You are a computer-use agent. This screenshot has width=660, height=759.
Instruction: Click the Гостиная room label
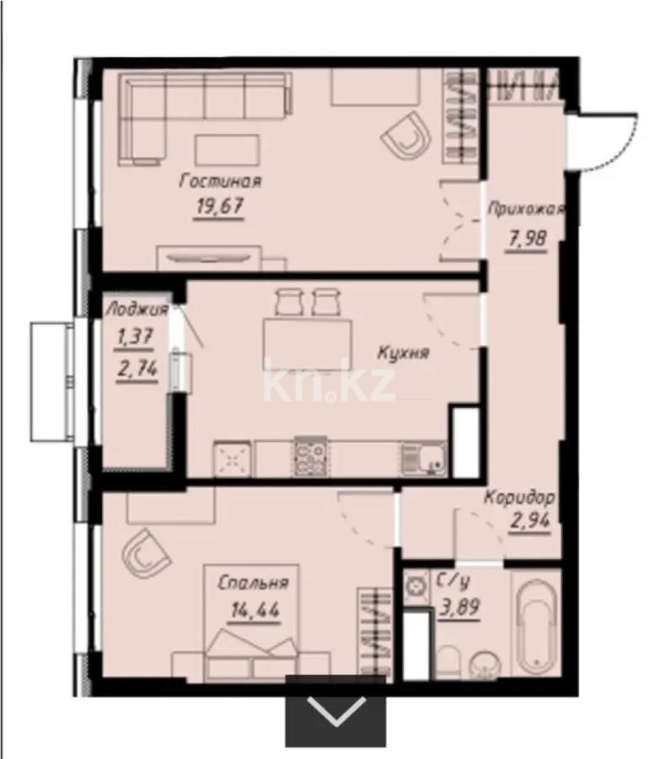[x=220, y=181]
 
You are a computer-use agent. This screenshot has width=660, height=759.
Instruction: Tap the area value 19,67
[x=219, y=207]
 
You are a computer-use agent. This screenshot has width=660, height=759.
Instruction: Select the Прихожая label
[x=525, y=209]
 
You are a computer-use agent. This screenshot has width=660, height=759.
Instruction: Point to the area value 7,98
[x=527, y=238]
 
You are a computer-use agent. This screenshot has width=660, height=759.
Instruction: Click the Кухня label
[x=403, y=353]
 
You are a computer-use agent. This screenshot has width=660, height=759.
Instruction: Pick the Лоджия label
[x=137, y=310]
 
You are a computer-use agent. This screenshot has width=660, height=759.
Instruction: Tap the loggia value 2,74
[x=137, y=369]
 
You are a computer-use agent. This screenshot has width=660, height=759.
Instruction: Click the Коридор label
[x=520, y=497]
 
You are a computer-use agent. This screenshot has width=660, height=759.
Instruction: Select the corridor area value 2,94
[x=530, y=520]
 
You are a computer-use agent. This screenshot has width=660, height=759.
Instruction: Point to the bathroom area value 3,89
[x=459, y=606]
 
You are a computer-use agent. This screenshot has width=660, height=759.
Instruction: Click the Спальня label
[x=253, y=583]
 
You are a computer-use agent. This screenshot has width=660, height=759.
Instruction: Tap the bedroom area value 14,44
[x=255, y=610]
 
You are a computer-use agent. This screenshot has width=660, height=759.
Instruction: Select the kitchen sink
[x=424, y=460]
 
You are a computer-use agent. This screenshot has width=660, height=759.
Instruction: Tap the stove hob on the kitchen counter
[x=309, y=457]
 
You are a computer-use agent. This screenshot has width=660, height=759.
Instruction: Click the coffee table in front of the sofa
[x=227, y=150]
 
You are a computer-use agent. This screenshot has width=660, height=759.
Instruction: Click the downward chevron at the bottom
[x=336, y=711]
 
